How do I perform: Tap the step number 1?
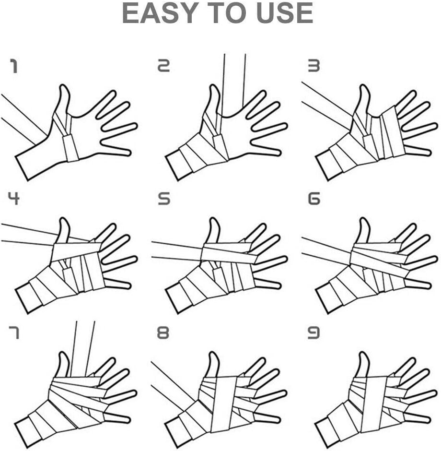(14, 66)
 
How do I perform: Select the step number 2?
(164, 66)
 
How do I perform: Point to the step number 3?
(313, 66)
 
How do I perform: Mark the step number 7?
(14, 332)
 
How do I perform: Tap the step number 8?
(163, 332)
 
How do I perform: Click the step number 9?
(313, 332)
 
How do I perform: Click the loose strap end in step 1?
(19, 118)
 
